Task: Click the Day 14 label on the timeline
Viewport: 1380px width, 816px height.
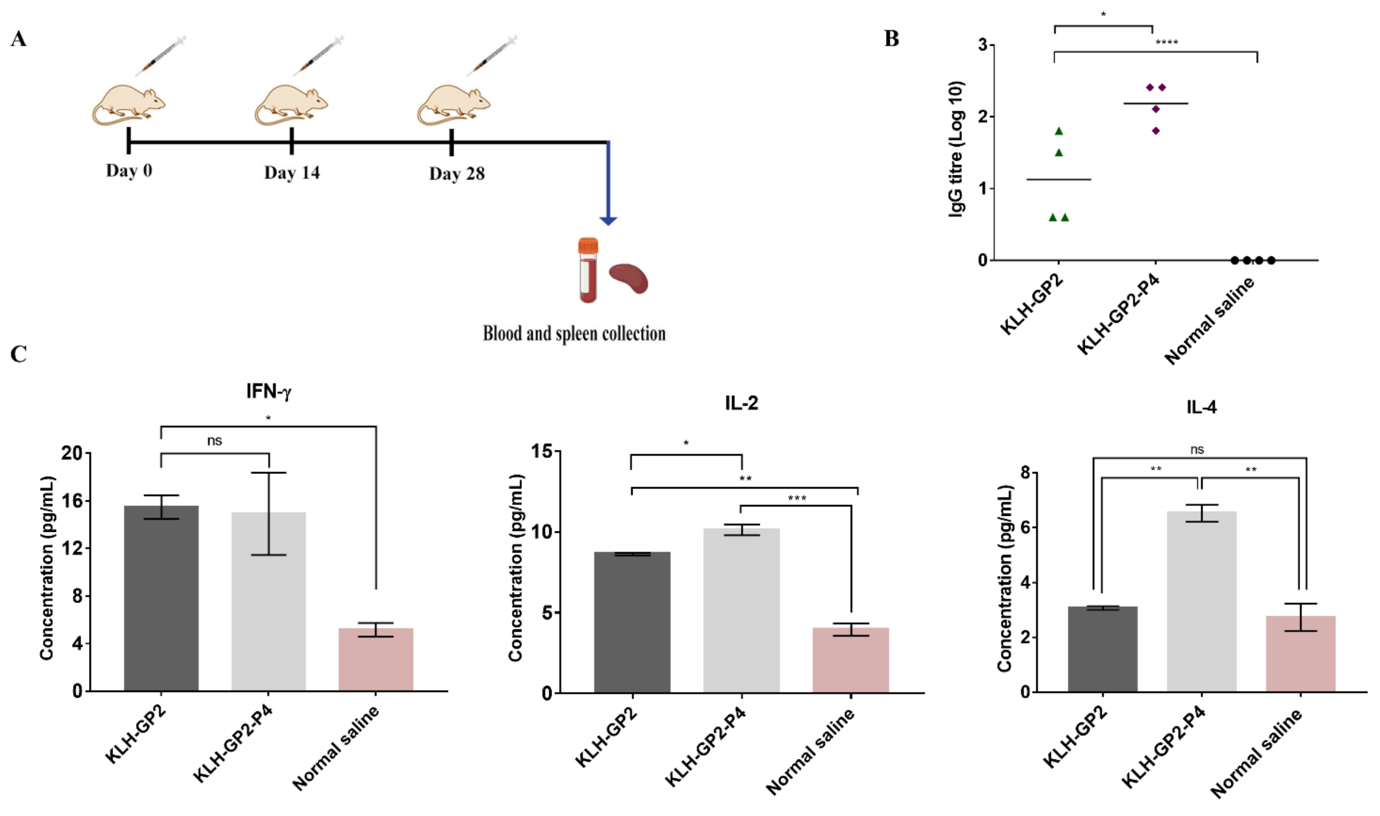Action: (292, 173)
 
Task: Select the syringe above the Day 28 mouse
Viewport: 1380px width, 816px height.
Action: (493, 55)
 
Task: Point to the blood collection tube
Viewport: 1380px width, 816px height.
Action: (588, 270)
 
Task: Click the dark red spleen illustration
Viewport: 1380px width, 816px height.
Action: (629, 278)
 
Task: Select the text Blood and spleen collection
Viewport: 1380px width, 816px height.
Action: (574, 334)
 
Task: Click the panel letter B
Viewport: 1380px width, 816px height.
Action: (892, 38)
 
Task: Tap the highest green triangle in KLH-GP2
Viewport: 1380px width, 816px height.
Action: (1059, 131)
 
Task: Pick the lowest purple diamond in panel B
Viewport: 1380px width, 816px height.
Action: (1156, 131)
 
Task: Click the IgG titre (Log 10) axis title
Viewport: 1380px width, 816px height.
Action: (956, 149)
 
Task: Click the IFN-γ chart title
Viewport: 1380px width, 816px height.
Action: (269, 391)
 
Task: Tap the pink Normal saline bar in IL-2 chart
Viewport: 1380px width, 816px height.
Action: (851, 660)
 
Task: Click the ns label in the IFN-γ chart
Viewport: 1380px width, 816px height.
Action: (215, 440)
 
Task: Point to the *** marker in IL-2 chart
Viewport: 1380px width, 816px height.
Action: (797, 498)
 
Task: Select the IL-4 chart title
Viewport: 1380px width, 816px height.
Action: (1201, 407)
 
